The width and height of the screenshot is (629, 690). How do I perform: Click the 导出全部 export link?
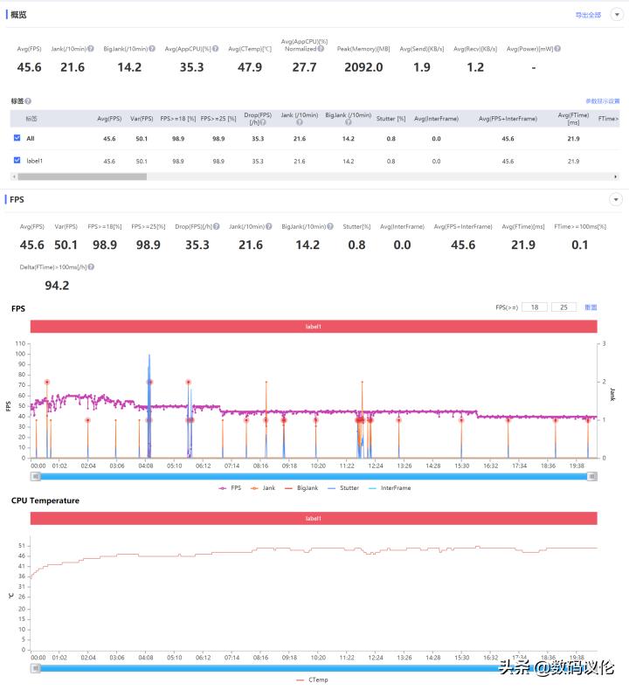click(588, 15)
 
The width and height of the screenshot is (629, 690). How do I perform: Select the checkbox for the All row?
click(17, 138)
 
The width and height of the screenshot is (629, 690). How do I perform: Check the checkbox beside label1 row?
click(17, 161)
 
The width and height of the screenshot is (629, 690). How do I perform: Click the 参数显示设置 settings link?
click(603, 101)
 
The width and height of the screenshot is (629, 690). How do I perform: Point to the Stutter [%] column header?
click(391, 118)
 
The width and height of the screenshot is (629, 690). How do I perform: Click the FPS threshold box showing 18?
click(535, 307)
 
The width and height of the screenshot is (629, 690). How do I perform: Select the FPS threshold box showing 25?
click(563, 307)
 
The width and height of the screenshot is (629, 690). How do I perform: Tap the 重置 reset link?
click(591, 307)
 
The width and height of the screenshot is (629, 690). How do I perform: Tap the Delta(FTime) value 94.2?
click(57, 285)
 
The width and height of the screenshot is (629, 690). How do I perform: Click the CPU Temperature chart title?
click(45, 500)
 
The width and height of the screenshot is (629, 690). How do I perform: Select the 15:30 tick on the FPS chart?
click(461, 466)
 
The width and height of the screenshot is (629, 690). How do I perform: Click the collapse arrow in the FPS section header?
click(616, 200)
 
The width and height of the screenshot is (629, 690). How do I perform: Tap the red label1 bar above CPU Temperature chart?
click(314, 518)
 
